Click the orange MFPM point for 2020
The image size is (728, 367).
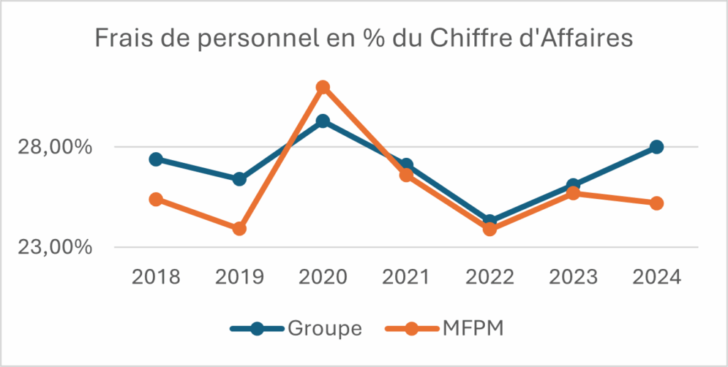pyautogui.click(x=323, y=87)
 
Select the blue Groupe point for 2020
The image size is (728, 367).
pyautogui.click(x=323, y=121)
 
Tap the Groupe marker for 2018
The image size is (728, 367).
pyautogui.click(x=156, y=159)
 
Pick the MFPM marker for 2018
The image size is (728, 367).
pyautogui.click(x=156, y=199)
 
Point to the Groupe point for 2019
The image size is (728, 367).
pyautogui.click(x=240, y=179)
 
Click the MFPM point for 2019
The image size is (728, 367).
pyautogui.click(x=240, y=228)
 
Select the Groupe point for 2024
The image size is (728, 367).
pyautogui.click(x=657, y=147)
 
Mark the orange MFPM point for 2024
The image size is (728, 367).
pyautogui.click(x=657, y=203)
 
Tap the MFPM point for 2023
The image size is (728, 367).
pyautogui.click(x=573, y=193)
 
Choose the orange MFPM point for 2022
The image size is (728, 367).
pyautogui.click(x=490, y=228)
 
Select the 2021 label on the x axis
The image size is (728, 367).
pyautogui.click(x=406, y=277)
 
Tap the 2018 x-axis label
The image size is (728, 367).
pyautogui.click(x=156, y=277)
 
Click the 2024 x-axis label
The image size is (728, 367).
pyautogui.click(x=657, y=277)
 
